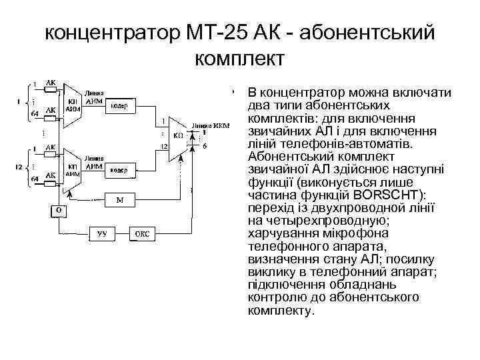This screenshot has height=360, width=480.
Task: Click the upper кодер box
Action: coord(120,106)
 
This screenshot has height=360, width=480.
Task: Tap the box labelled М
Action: coord(119,200)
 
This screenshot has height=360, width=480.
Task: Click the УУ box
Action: coord(102,233)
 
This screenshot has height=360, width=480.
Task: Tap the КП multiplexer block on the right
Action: coord(178,137)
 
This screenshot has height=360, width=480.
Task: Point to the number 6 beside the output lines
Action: coord(204,145)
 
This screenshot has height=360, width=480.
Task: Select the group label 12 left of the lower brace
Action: coord(20,165)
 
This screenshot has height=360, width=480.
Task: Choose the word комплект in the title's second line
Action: coord(239,58)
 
